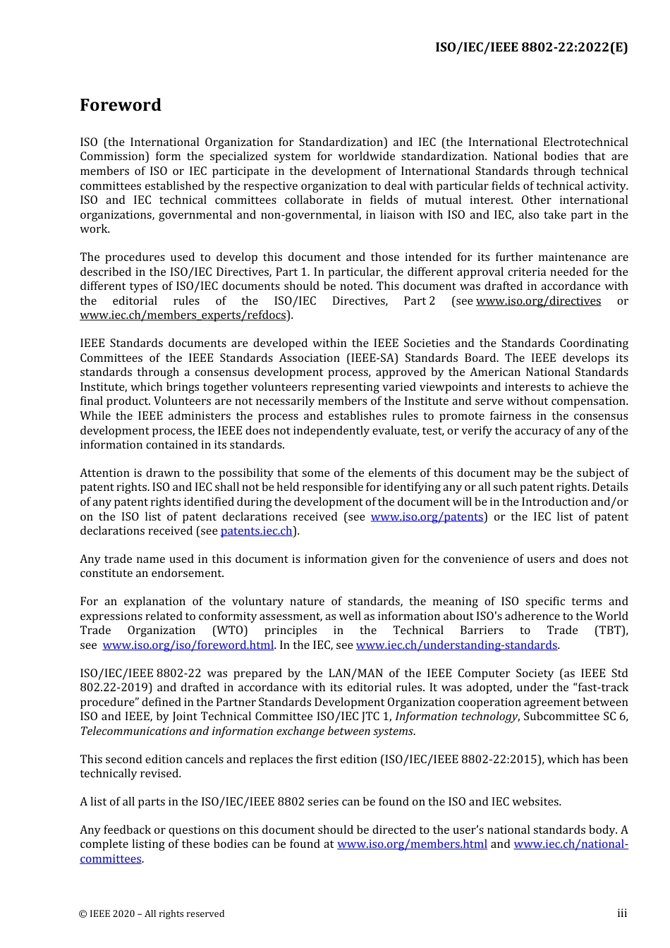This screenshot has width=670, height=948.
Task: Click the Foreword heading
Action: [x=121, y=105]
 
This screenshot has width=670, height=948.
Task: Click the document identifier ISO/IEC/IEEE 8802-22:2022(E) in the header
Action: [x=531, y=47]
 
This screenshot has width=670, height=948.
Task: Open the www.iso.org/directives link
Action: [x=538, y=301]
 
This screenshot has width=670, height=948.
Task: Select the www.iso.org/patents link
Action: [x=427, y=517]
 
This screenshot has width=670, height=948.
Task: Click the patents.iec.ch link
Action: [x=256, y=531]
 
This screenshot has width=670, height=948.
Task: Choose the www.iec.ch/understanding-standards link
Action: [x=456, y=645]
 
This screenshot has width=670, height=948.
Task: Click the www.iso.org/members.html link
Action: [x=412, y=844]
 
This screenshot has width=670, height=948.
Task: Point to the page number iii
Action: [x=622, y=913]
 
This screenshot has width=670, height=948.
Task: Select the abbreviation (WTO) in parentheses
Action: [x=230, y=631]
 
